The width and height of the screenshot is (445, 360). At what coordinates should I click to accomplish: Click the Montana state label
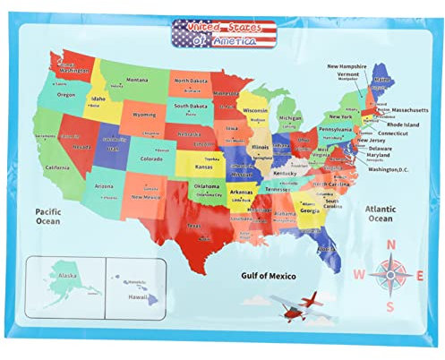(x=137, y=80)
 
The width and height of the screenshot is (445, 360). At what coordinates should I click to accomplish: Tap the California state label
(x=57, y=167)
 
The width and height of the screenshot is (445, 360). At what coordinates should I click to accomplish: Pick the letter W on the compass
(x=356, y=274)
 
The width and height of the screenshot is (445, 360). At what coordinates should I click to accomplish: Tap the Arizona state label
(x=105, y=186)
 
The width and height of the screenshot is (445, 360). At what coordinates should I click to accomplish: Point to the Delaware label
(x=386, y=150)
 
